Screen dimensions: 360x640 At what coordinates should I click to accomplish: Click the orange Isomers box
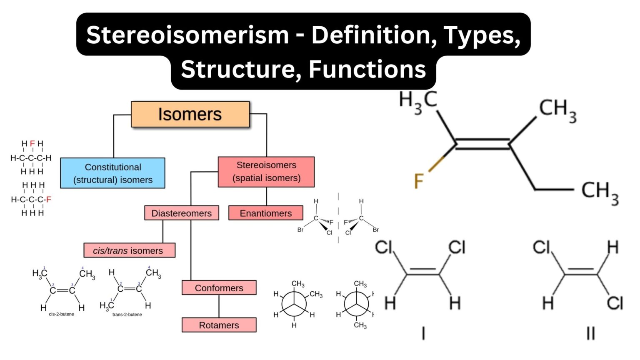point(190,114)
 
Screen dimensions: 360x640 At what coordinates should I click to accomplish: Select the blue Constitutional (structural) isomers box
point(112,173)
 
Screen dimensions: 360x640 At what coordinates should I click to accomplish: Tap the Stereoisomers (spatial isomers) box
point(266,172)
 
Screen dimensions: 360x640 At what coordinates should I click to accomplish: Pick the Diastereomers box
point(181,213)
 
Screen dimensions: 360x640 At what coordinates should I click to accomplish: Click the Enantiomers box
point(265,213)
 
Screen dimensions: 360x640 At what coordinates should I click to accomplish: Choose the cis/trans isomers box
point(129,250)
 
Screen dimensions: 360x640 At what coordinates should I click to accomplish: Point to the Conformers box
point(219,287)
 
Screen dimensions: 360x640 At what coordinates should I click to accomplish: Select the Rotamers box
point(219,325)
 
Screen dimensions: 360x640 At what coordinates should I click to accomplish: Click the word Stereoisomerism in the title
point(187,35)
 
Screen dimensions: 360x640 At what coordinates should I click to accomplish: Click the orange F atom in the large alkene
point(418,181)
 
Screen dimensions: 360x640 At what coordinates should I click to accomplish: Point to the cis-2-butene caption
point(61,314)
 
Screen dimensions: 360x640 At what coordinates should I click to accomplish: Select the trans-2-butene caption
point(127,315)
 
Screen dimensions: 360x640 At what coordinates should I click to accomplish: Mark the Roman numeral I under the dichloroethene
point(423,333)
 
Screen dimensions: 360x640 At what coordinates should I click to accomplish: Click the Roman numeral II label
point(590,333)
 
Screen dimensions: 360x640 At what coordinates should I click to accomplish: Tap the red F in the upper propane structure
point(32,144)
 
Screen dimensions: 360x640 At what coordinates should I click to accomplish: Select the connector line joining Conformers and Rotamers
point(219,306)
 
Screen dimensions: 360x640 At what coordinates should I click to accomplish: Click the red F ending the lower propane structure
point(48,200)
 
